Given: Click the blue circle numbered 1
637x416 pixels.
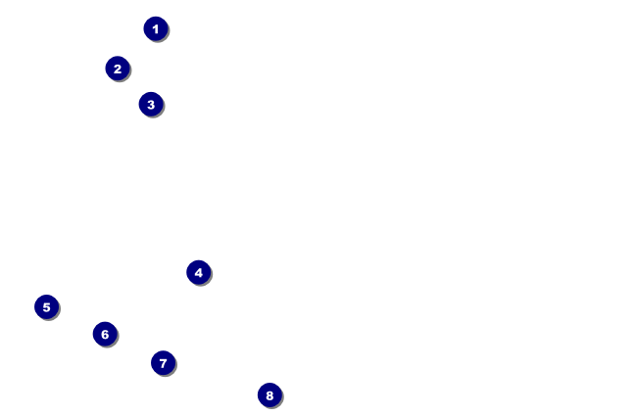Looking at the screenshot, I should [x=156, y=28].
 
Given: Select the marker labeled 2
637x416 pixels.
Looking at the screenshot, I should [x=118, y=69].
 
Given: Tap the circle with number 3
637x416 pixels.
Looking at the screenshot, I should [x=150, y=104].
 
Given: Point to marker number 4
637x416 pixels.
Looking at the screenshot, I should [x=199, y=272].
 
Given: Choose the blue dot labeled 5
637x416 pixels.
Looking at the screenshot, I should [x=46, y=306].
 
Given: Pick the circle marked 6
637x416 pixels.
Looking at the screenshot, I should [x=105, y=334].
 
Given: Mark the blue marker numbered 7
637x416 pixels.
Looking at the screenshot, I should [x=163, y=363].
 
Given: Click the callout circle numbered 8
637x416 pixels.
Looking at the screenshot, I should [x=269, y=394].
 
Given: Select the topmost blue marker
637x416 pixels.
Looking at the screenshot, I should [x=156, y=28].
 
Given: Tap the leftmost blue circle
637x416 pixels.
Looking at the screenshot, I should [x=46, y=306].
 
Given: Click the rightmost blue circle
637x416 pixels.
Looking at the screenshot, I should [x=269, y=394].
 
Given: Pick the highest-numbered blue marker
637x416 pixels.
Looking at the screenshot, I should [x=269, y=394].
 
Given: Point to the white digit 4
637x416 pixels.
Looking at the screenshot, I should [x=199, y=272].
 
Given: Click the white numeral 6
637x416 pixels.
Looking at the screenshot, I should [x=105, y=334].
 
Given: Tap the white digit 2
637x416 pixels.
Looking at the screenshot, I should [x=118, y=69].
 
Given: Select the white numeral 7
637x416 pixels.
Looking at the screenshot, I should [x=163, y=363].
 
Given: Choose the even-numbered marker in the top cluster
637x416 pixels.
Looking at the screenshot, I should [x=118, y=69].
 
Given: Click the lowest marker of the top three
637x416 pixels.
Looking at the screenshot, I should [x=150, y=104].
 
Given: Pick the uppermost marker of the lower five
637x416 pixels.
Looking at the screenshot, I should [x=199, y=272].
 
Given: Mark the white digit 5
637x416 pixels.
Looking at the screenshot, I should [x=46, y=306].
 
